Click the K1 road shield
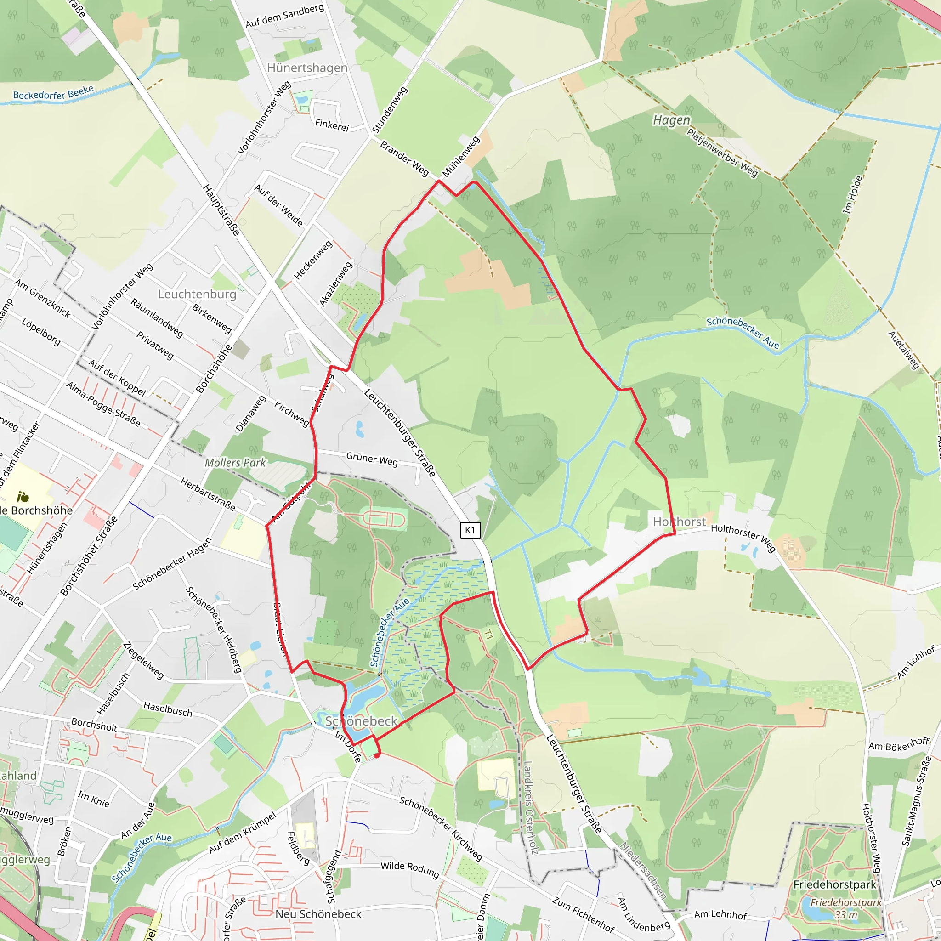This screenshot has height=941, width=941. click(x=470, y=530)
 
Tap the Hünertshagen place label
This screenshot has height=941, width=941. click(x=307, y=68)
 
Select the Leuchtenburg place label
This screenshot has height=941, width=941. click(x=197, y=294)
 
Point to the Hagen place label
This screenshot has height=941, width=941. click(x=671, y=120)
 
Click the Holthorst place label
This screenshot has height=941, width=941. click(x=679, y=522)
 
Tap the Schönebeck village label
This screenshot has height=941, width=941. click(x=362, y=721)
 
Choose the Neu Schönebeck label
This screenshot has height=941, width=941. click(x=318, y=914)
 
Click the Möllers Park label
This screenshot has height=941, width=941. click(x=235, y=463)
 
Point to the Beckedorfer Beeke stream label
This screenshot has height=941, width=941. click(x=53, y=92)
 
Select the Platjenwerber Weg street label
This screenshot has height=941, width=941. click(x=722, y=152)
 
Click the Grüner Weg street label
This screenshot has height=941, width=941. click(x=372, y=459)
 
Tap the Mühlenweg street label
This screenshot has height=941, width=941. click(x=461, y=156)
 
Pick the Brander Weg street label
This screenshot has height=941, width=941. click(x=404, y=159)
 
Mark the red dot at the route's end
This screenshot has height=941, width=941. click(x=377, y=755)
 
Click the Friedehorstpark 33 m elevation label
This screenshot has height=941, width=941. click(x=845, y=908)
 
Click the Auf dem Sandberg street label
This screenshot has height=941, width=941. click(x=284, y=16)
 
